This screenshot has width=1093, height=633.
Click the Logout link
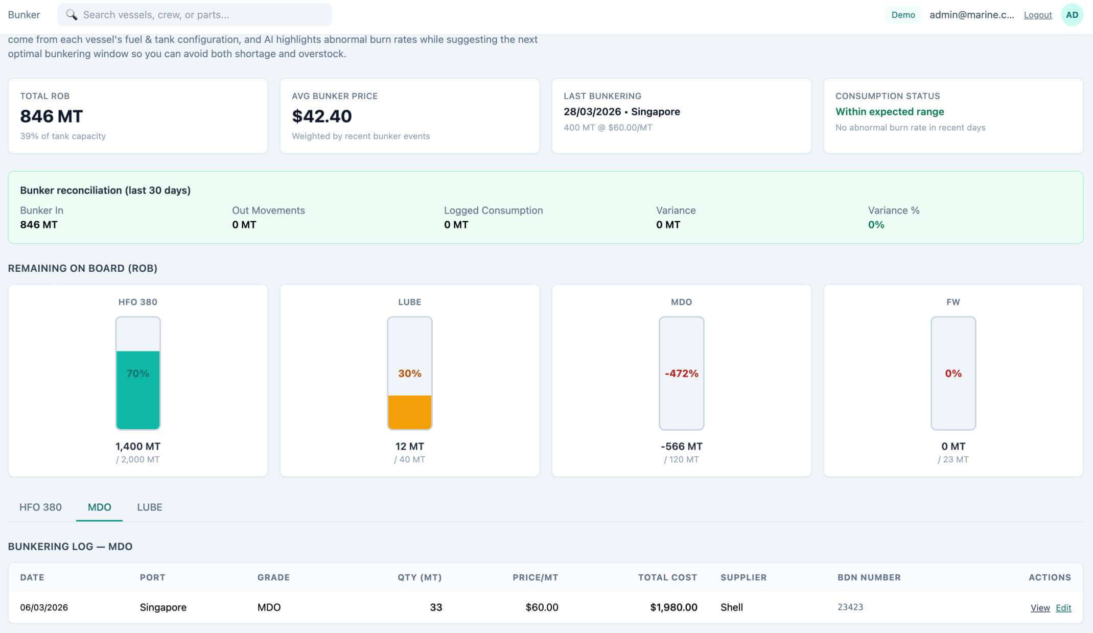(1037, 15)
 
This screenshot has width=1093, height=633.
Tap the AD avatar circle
(1072, 15)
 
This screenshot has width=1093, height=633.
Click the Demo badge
(902, 15)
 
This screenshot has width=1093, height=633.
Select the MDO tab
(99, 507)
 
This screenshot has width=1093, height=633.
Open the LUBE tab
(149, 507)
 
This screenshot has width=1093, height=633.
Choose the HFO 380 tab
(40, 507)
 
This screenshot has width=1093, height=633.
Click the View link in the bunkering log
(1039, 607)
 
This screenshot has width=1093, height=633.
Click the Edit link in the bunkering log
(1063, 607)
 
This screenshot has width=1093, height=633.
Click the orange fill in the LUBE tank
(409, 412)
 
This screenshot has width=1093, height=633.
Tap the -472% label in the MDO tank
(681, 373)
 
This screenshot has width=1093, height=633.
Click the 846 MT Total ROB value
(51, 116)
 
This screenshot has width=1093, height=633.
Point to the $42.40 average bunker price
(321, 116)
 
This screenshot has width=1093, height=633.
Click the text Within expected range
(889, 111)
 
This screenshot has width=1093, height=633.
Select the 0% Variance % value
(875, 225)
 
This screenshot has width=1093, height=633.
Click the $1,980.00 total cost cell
(673, 607)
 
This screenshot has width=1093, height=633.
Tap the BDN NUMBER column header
(869, 577)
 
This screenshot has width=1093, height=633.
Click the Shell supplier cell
(731, 607)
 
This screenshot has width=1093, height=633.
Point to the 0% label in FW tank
(953, 373)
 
